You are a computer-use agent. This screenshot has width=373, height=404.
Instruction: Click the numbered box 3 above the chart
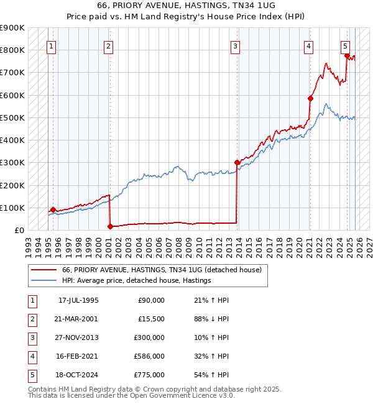(x=236, y=45)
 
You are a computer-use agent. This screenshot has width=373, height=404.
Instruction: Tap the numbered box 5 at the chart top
(x=345, y=45)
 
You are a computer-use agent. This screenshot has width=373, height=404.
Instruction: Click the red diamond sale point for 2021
(x=310, y=98)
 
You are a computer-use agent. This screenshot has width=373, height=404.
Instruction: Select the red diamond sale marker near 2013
(x=237, y=163)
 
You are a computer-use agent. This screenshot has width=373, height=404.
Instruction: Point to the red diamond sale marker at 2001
(x=110, y=227)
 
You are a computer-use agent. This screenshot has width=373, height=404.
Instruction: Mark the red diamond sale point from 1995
(x=53, y=210)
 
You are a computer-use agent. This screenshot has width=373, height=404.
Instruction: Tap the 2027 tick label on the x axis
(x=368, y=243)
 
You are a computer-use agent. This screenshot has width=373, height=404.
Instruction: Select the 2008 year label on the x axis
(x=179, y=243)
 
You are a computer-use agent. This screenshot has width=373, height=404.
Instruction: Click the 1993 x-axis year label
(x=29, y=243)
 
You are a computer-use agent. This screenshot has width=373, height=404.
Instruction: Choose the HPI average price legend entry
(x=137, y=280)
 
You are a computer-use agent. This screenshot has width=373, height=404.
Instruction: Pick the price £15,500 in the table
(x=150, y=318)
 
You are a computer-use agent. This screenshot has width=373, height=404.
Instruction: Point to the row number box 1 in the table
(x=32, y=300)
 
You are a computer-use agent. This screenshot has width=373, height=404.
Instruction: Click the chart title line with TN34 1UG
(x=186, y=5)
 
